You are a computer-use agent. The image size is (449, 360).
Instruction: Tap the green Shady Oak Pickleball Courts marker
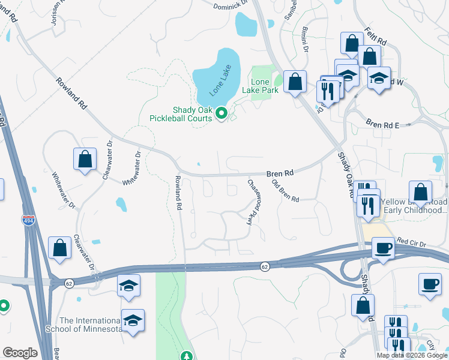(221, 112)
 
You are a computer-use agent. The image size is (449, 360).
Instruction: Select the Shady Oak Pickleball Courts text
(192, 114)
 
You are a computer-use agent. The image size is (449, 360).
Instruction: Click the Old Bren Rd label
(285, 191)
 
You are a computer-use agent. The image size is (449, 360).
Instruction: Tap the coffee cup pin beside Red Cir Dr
(382, 247)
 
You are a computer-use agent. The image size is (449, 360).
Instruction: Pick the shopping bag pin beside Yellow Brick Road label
(420, 193)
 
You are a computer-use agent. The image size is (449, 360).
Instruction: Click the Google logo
(20, 353)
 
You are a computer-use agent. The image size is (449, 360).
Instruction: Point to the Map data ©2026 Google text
(411, 355)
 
